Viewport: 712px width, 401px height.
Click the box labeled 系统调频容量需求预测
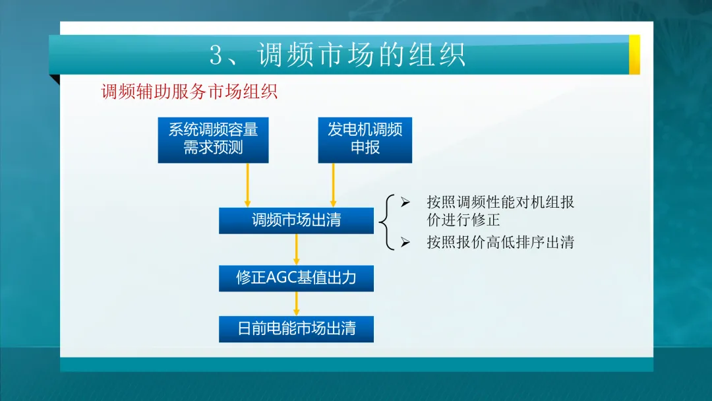click(213, 140)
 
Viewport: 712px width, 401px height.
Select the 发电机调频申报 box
click(365, 140)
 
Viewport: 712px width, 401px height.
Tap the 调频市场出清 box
click(296, 221)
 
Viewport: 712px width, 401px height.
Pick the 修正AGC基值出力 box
click(296, 278)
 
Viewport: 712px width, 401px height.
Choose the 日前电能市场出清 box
click(296, 329)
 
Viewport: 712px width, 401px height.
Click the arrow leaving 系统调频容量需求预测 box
click(247, 185)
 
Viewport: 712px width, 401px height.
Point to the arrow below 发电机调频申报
click(334, 185)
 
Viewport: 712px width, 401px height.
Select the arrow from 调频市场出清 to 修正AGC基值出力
click(297, 249)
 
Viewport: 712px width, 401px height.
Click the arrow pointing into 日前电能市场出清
click(297, 303)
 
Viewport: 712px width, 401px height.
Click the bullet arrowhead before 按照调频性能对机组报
click(405, 202)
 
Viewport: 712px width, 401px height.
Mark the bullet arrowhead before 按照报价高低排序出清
click(405, 243)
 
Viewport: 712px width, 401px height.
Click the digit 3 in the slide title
click(216, 55)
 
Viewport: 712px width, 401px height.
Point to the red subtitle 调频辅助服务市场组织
click(189, 92)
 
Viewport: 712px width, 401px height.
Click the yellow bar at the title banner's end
click(634, 55)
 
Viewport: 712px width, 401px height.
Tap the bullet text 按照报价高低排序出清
click(500, 243)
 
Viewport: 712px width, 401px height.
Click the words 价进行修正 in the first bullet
click(463, 220)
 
